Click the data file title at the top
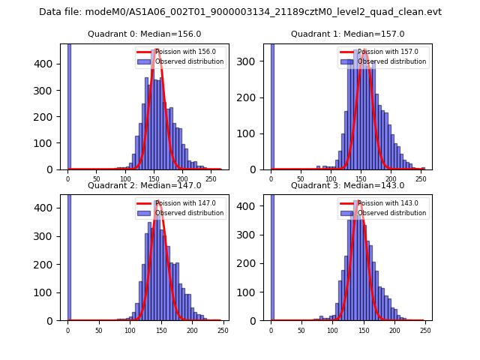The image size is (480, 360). [240, 12]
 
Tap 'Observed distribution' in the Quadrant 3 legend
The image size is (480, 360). [391, 213]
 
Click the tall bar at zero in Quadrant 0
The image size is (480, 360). [68, 105]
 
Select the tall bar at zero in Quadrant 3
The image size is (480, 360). [272, 255]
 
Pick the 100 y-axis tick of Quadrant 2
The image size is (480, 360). [48, 292]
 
